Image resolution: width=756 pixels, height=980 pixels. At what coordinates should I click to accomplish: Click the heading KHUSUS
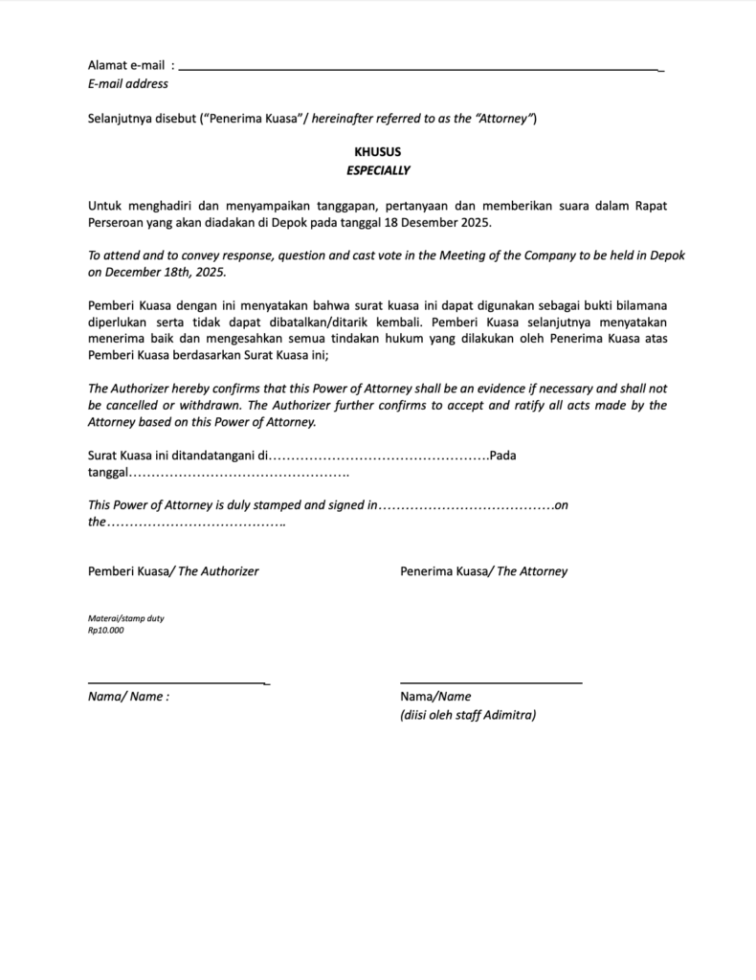click(x=377, y=151)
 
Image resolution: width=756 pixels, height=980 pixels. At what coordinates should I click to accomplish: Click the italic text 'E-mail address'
click(x=127, y=83)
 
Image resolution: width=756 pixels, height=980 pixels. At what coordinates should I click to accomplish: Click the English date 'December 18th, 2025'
click(x=164, y=272)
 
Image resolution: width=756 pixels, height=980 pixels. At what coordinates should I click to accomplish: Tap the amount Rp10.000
click(x=105, y=630)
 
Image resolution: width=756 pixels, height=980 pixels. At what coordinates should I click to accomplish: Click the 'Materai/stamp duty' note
click(x=125, y=618)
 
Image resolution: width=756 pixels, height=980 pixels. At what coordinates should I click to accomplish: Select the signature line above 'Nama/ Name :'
click(x=177, y=682)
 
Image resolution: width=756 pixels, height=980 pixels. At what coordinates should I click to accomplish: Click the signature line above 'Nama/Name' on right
click(x=491, y=682)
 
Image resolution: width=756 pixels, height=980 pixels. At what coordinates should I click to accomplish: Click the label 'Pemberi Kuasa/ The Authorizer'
click(x=173, y=571)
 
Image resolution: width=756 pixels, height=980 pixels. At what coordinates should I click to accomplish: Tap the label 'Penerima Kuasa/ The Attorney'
click(x=483, y=571)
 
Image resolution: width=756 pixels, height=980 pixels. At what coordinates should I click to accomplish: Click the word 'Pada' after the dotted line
click(x=502, y=456)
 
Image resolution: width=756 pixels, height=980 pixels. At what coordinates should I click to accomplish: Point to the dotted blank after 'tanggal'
click(x=238, y=474)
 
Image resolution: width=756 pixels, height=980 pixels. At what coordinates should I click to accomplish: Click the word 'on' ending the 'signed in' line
click(x=562, y=504)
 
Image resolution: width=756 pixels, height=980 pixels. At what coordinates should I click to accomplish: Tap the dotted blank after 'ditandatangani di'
click(x=381, y=456)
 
